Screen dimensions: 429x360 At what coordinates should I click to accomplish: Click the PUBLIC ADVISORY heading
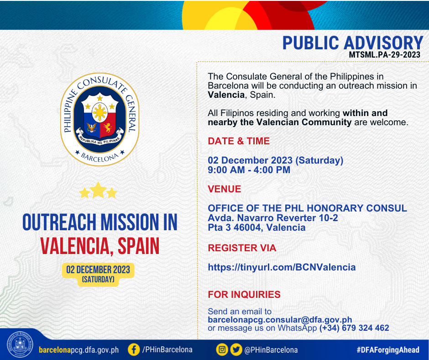tap(353, 43)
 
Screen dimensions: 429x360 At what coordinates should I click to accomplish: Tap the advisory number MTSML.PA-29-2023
tap(384, 54)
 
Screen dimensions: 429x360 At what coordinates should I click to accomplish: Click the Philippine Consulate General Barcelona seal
tap(99, 119)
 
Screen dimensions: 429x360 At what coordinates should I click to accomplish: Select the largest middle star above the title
tap(98, 190)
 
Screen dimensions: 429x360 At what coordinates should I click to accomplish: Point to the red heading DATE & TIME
tap(239, 141)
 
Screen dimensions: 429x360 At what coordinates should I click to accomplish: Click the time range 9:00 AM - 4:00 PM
tap(249, 170)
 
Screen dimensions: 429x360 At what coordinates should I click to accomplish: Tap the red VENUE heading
tap(225, 189)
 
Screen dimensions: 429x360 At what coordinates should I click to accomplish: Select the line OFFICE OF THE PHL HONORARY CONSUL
tap(307, 208)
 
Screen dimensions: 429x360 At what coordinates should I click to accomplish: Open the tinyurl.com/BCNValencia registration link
tap(282, 267)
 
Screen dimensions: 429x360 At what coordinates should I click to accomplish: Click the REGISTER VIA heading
tap(242, 248)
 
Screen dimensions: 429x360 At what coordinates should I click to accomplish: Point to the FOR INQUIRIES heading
tap(244, 295)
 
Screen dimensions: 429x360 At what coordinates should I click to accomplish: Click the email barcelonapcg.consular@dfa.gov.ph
tap(280, 320)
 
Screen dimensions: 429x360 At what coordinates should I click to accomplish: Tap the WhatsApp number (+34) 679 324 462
tap(354, 328)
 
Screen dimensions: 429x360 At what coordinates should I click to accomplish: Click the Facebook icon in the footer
tap(134, 349)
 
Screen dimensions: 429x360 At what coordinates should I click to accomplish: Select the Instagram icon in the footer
tap(222, 349)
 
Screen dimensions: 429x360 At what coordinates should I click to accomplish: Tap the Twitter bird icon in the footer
tap(236, 349)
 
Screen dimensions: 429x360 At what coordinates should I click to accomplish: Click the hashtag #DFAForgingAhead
tap(387, 350)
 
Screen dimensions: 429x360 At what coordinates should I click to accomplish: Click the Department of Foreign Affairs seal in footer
tap(20, 344)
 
